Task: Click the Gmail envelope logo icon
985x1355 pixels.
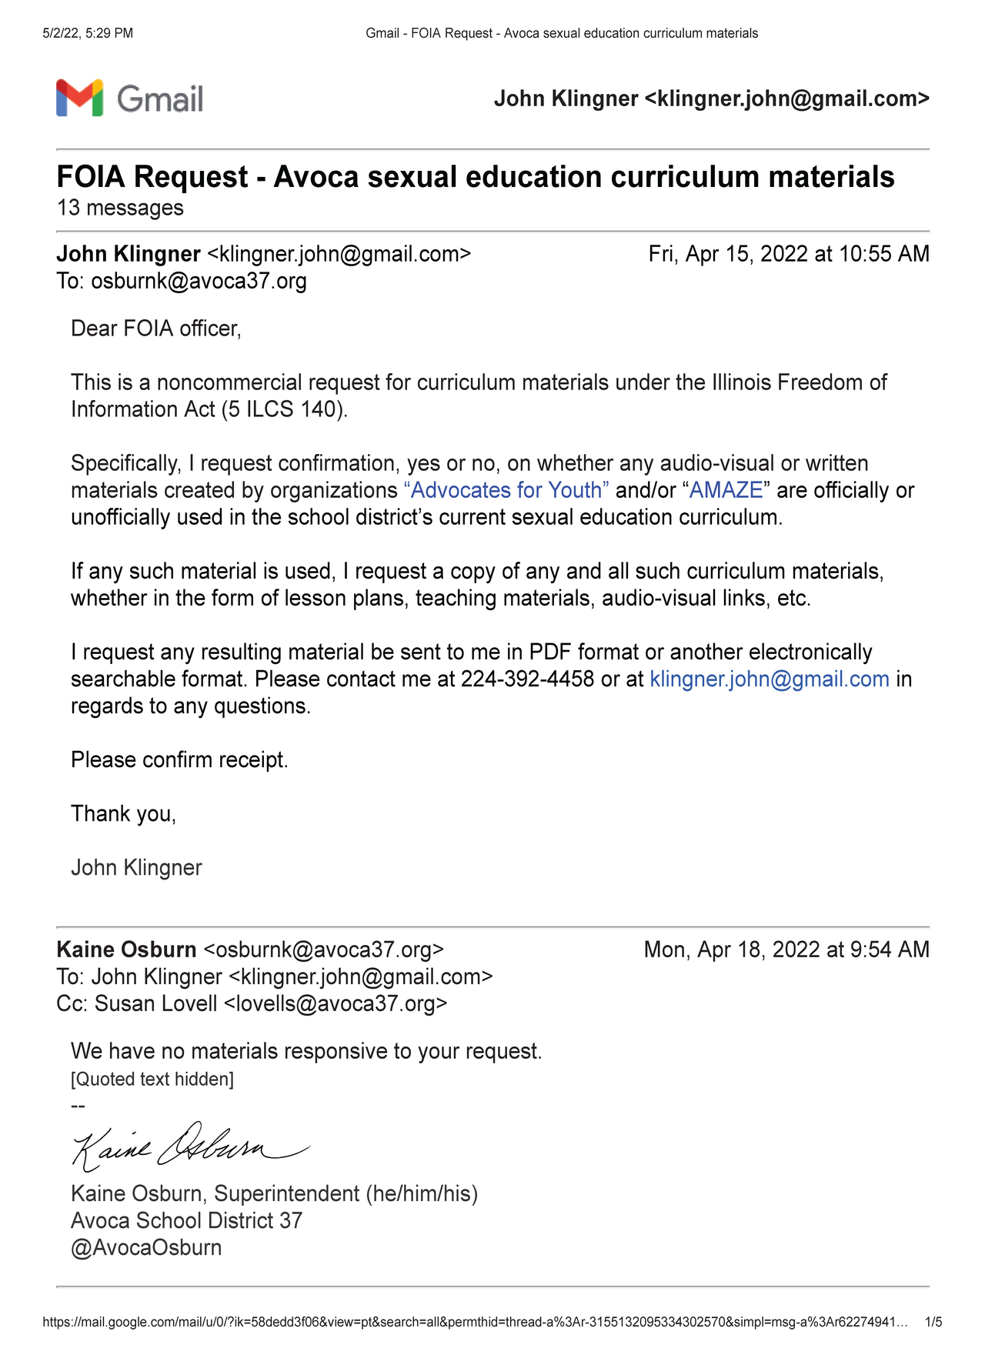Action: (79, 98)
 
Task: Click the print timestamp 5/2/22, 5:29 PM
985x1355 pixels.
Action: (88, 33)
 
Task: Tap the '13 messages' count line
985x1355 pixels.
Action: (120, 208)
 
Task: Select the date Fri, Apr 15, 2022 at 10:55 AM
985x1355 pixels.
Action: (789, 254)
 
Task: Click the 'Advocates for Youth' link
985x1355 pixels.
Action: (506, 490)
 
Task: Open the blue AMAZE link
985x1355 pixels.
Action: (726, 490)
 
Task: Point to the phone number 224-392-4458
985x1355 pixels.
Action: (527, 679)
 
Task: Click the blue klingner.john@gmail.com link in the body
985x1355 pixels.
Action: (770, 679)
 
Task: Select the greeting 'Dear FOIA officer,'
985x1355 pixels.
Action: (156, 329)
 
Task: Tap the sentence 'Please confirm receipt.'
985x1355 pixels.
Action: (179, 760)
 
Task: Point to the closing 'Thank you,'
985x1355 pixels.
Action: (123, 814)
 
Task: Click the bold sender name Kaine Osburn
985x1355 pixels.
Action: (126, 950)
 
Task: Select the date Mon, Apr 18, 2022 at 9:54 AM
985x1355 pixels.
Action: (786, 950)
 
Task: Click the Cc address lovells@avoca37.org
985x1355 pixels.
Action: (335, 1004)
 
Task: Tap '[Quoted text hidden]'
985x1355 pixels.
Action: (152, 1080)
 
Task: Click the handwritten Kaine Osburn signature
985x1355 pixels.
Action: (189, 1146)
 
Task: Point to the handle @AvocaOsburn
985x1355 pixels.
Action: (146, 1248)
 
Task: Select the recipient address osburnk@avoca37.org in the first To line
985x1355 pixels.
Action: (199, 281)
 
